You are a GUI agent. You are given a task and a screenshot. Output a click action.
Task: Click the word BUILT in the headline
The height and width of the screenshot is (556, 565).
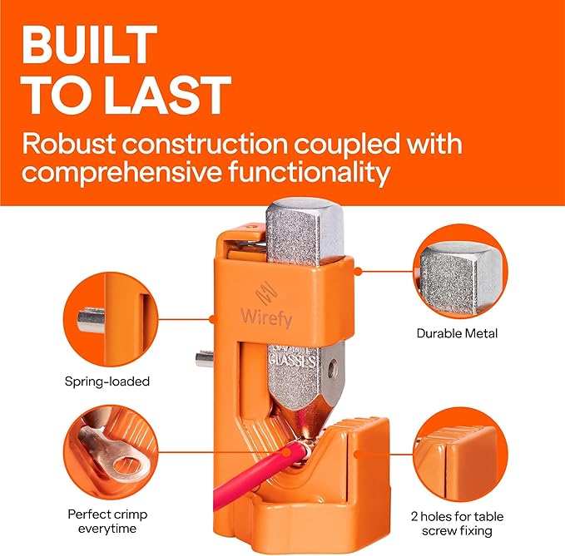coord(89,46)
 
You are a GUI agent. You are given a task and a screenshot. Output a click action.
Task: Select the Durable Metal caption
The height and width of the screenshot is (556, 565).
coord(457,333)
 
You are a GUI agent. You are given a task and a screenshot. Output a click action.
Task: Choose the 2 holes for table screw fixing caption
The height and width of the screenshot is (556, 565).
coord(457,523)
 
